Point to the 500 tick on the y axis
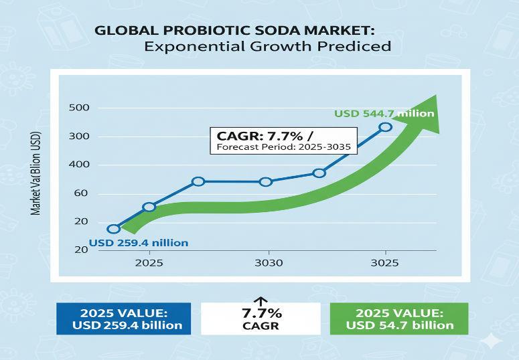coord(79,108)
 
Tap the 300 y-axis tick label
coord(79,137)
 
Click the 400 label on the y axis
coord(79,165)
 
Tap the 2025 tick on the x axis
coord(149,263)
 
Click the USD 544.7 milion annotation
coord(384,114)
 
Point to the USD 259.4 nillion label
coord(139,242)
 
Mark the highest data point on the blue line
coord(385,127)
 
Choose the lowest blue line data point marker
coord(113,229)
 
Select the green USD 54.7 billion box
coord(400,319)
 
